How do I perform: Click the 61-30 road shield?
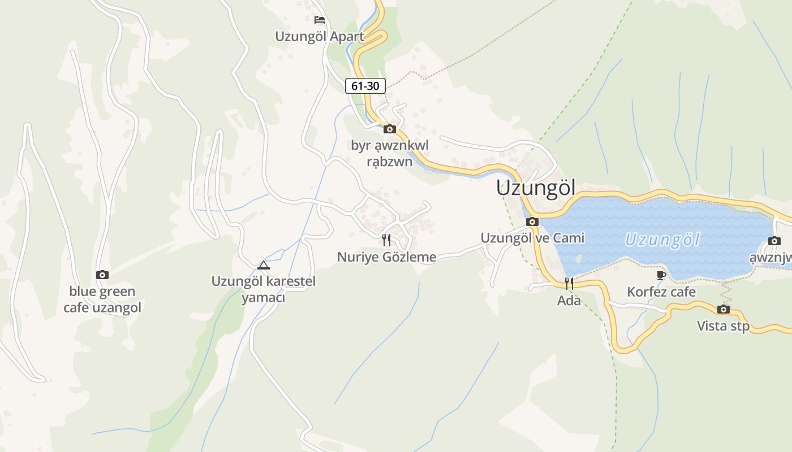(365, 86)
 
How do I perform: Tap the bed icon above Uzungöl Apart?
(320, 20)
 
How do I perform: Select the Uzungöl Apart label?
(320, 36)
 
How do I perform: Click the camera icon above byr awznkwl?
(389, 129)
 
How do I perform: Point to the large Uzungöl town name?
(535, 188)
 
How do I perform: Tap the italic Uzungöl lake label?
(662, 240)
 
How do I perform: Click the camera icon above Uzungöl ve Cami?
(532, 221)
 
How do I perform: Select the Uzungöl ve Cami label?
(532, 238)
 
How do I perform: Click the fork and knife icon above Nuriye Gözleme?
(386, 240)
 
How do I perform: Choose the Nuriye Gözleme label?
(387, 257)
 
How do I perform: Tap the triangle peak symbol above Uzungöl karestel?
(263, 265)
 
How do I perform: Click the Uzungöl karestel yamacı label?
(263, 289)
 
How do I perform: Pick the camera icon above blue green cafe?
(102, 275)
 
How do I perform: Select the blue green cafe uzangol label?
(102, 299)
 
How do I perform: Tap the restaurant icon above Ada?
(569, 283)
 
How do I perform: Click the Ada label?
(569, 301)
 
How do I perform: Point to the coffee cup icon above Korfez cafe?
(661, 275)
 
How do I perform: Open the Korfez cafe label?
(661, 292)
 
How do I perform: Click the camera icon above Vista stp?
(723, 309)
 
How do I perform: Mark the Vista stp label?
(723, 326)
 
